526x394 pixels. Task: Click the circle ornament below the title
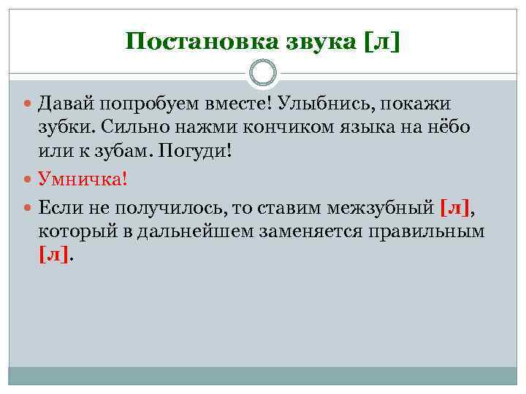click(x=263, y=73)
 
